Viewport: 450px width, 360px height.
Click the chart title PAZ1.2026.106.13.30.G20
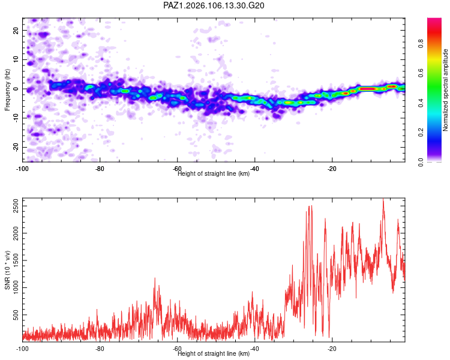pos(214,5)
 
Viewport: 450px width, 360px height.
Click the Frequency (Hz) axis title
pos(7,90)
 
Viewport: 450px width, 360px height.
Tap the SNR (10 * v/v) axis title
pos(7,270)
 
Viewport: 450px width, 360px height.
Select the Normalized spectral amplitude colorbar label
pos(445,90)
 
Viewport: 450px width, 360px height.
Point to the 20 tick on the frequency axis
pos(16,31)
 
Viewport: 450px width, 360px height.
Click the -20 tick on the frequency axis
pos(16,147)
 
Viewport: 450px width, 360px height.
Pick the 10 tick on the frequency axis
pos(16,60)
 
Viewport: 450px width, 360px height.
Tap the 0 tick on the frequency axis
pos(16,89)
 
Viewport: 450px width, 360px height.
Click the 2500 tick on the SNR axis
pos(16,206)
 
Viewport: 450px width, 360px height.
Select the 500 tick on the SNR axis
pos(16,315)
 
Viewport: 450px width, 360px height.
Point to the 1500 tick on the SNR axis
pos(16,260)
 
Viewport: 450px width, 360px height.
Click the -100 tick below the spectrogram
pos(22,169)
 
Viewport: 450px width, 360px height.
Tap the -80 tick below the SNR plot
pos(100,349)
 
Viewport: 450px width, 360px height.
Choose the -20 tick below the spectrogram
pos(332,169)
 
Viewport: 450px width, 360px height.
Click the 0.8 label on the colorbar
pos(421,43)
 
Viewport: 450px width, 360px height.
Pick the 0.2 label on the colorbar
pos(421,132)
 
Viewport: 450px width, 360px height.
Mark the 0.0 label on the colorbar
pos(421,162)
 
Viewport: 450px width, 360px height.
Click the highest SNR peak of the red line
pos(383,199)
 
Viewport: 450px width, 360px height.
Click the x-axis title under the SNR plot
pos(214,353)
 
